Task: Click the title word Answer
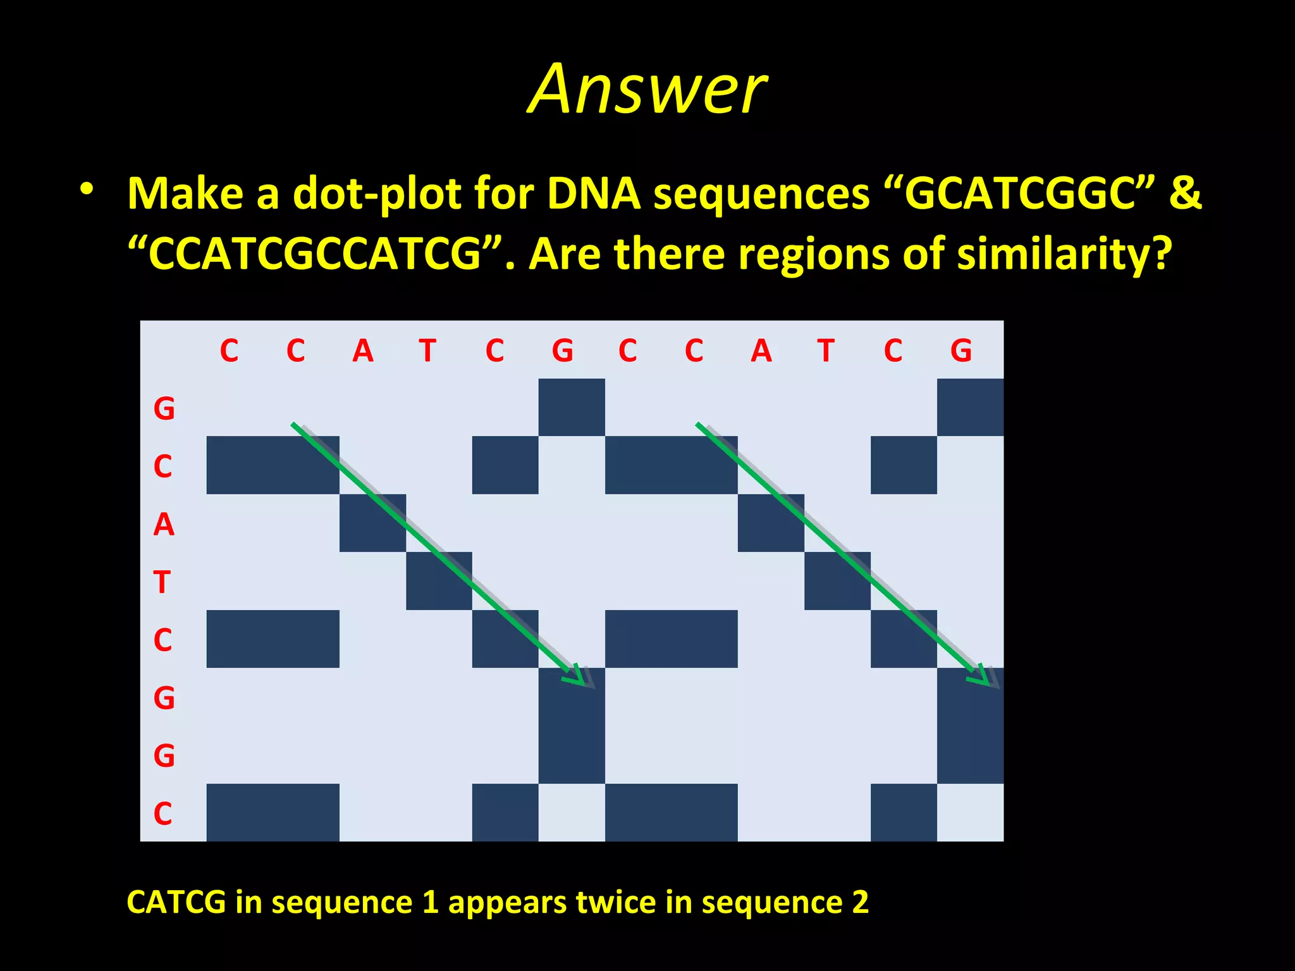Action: (x=647, y=90)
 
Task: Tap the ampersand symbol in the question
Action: (x=1184, y=193)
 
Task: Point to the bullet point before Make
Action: (x=87, y=189)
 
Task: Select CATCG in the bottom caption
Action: (x=176, y=902)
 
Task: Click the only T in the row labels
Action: (x=163, y=582)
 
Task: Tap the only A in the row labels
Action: (x=164, y=524)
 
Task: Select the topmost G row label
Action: (x=164, y=408)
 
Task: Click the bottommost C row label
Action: (x=163, y=813)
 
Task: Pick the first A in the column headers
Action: (x=363, y=351)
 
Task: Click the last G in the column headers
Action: (x=961, y=351)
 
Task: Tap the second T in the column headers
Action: (x=826, y=351)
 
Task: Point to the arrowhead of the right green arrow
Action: (x=981, y=676)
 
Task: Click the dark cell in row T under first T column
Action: (x=439, y=581)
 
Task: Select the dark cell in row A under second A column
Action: (x=771, y=523)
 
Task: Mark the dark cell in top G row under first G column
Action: (x=572, y=407)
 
